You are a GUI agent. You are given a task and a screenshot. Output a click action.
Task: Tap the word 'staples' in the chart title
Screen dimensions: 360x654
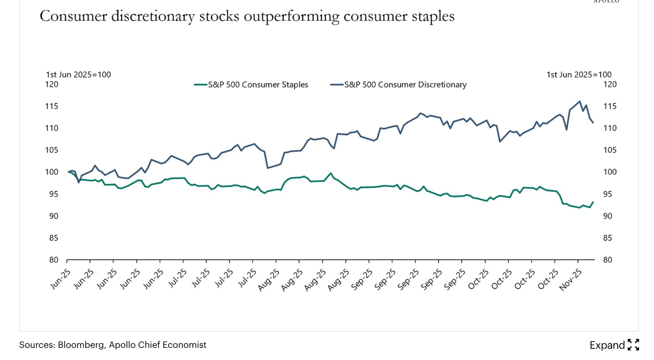[x=433, y=17]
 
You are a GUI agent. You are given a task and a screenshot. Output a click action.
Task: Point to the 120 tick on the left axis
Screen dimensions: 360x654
[x=52, y=85]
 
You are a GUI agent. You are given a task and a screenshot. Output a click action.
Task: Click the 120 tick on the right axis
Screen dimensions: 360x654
[x=610, y=85]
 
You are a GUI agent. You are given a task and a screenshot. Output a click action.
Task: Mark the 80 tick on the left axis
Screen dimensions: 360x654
[x=54, y=260]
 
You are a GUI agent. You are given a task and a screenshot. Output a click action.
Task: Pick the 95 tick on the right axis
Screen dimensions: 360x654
[x=608, y=194]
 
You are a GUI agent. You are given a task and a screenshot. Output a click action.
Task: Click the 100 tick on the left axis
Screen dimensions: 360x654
[x=52, y=172]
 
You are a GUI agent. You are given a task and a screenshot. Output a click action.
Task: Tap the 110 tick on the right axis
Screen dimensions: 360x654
[x=610, y=128]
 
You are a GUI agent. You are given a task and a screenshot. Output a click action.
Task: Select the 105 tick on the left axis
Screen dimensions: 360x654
[x=52, y=150]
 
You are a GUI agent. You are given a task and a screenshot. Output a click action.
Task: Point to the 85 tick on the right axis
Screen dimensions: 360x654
[x=608, y=238]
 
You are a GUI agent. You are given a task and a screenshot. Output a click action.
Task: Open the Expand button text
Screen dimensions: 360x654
[x=607, y=345]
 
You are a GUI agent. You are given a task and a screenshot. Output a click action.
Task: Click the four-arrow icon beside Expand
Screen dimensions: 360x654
[x=633, y=345]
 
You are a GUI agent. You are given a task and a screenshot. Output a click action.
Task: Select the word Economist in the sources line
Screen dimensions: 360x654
[x=186, y=345]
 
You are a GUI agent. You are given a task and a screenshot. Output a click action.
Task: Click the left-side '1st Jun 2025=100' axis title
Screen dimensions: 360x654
[x=78, y=75]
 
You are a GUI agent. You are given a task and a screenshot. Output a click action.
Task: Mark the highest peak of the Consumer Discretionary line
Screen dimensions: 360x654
[x=580, y=102]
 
